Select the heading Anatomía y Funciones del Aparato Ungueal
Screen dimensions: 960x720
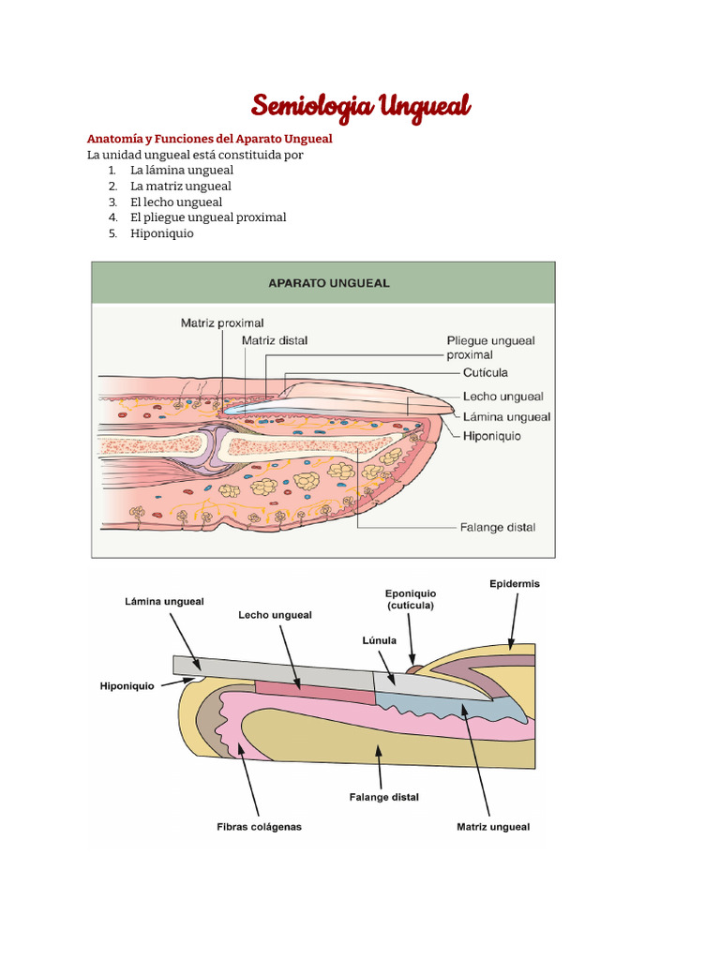pyautogui.click(x=209, y=139)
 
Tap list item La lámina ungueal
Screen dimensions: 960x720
pyautogui.click(x=182, y=171)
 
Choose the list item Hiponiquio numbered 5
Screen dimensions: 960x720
pyautogui.click(x=162, y=233)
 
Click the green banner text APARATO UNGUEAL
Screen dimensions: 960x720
pyautogui.click(x=329, y=282)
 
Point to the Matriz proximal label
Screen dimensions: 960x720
pyautogui.click(x=222, y=323)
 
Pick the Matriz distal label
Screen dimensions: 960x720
pyautogui.click(x=275, y=340)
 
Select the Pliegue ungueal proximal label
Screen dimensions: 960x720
pyautogui.click(x=490, y=348)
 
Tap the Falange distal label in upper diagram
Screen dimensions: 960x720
pyautogui.click(x=498, y=527)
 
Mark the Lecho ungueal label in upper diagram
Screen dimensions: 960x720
pyautogui.click(x=502, y=397)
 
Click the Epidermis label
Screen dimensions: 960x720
pyautogui.click(x=515, y=584)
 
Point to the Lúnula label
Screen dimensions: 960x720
pyautogui.click(x=380, y=640)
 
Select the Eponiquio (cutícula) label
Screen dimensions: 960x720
pyautogui.click(x=411, y=599)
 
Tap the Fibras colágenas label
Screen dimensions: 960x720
pyautogui.click(x=259, y=827)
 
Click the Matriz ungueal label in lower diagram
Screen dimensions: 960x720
pyautogui.click(x=493, y=827)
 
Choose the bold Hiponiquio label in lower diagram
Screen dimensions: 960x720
pyautogui.click(x=127, y=686)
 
